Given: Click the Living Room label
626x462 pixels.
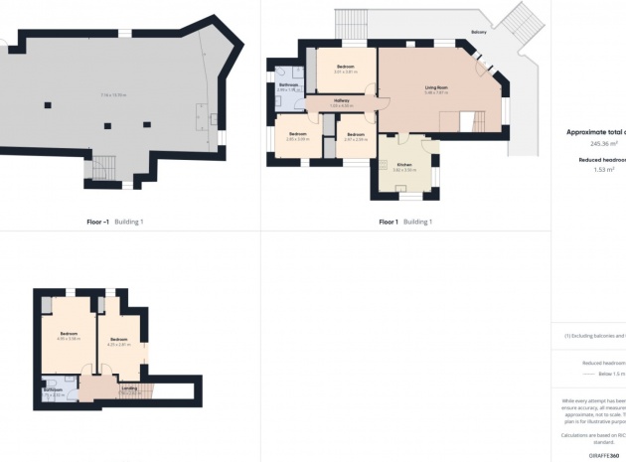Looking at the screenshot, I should click(x=437, y=87).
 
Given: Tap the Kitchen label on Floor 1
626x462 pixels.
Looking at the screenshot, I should click(x=404, y=164).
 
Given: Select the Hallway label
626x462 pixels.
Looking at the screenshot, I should click(x=341, y=100).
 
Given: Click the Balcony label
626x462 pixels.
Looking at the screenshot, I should click(x=479, y=32).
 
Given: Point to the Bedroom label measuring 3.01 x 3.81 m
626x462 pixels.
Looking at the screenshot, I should click(x=345, y=66).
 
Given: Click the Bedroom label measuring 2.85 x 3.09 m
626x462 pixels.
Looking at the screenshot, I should click(x=297, y=133).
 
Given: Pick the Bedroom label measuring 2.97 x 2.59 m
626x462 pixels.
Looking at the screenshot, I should click(x=356, y=133).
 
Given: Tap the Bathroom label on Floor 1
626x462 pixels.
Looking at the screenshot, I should click(x=288, y=85).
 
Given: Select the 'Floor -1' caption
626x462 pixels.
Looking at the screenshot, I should click(x=101, y=222).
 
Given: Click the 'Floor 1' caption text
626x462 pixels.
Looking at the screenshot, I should click(x=389, y=222).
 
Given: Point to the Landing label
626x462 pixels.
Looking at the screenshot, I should click(x=129, y=388).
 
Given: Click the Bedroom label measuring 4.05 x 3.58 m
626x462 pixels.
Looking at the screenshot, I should click(x=69, y=333).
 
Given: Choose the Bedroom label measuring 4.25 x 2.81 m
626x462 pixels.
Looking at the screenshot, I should click(x=119, y=340).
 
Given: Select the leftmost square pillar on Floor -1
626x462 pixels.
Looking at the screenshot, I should click(x=46, y=104).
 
